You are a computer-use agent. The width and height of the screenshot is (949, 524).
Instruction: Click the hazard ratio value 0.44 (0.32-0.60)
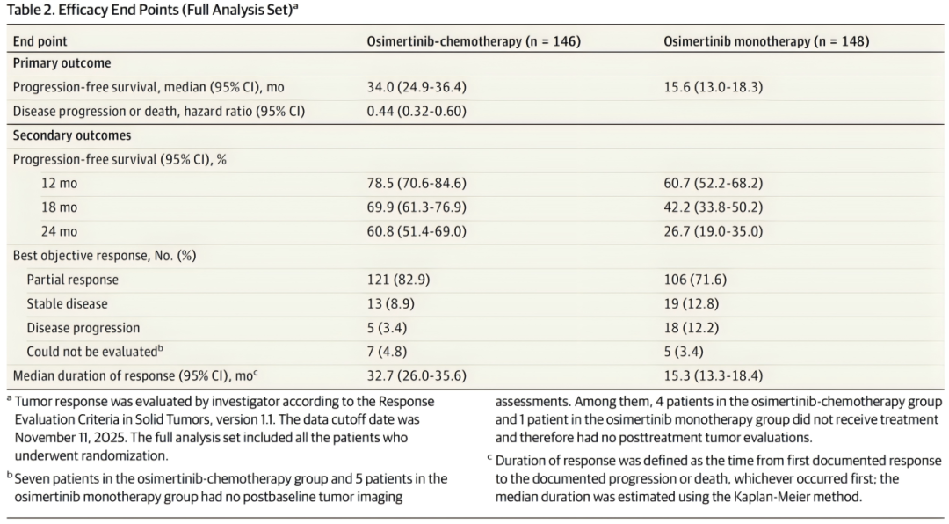tap(417, 112)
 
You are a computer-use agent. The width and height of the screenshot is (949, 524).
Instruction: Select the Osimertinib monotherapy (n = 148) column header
tap(766, 41)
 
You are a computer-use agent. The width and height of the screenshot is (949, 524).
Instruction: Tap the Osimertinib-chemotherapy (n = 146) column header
tap(474, 41)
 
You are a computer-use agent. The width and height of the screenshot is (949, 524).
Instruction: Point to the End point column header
tap(40, 42)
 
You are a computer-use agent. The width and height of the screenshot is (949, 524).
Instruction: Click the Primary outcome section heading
tap(62, 63)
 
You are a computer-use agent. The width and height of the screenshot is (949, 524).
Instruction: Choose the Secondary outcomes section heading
tap(72, 135)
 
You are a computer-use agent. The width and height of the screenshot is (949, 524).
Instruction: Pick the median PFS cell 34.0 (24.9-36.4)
tap(417, 87)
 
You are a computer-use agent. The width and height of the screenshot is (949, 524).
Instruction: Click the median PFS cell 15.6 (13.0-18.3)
tap(713, 87)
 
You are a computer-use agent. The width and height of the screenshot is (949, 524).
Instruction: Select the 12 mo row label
tap(60, 184)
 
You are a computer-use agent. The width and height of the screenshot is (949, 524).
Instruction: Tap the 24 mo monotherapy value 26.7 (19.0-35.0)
tap(713, 231)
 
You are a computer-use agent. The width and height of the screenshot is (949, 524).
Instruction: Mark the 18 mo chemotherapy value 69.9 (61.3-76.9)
tap(417, 207)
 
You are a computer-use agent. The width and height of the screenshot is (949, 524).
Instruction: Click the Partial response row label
tap(73, 280)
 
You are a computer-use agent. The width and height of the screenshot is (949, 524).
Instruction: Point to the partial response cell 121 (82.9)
tap(398, 280)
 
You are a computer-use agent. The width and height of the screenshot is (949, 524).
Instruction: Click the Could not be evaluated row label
tap(94, 352)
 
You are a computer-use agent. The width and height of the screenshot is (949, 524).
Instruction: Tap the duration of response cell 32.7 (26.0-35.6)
tap(417, 375)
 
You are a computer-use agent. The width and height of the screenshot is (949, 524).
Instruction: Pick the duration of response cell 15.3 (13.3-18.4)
tap(713, 375)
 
